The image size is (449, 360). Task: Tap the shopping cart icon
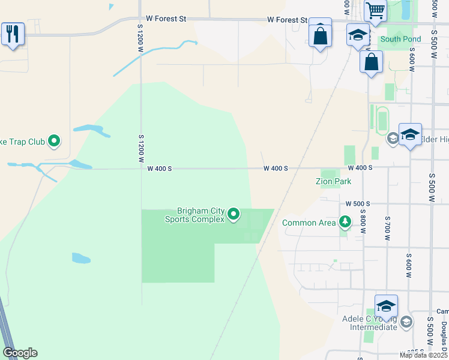click(x=375, y=10)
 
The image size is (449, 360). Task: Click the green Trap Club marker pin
click(x=55, y=142)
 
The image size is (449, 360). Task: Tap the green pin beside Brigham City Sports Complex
click(x=234, y=214)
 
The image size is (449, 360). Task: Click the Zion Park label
click(x=334, y=181)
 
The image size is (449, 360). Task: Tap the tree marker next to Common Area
click(x=345, y=223)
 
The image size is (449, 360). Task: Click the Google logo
click(x=20, y=353)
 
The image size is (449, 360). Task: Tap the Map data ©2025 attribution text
click(x=423, y=355)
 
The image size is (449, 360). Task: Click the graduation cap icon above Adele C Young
click(x=386, y=305)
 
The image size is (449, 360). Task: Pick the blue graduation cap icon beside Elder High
click(x=410, y=134)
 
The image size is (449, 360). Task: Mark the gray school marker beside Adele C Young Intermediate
click(x=406, y=322)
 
